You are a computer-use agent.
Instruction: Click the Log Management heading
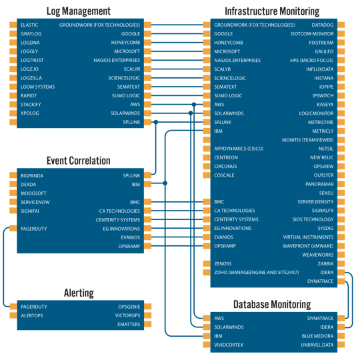(x=79, y=11)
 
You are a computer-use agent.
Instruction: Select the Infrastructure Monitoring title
(x=271, y=11)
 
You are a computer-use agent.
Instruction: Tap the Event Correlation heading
(x=79, y=161)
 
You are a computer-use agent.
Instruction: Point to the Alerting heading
(x=79, y=293)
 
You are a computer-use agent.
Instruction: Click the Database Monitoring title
(x=271, y=305)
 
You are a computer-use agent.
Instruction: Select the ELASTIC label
(x=31, y=25)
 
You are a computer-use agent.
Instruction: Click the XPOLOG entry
(x=30, y=113)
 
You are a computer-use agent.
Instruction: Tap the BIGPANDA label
(x=33, y=175)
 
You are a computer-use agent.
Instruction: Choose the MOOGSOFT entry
(x=34, y=193)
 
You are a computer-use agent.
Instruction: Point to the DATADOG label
(x=322, y=25)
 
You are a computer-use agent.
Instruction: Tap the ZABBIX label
(x=325, y=264)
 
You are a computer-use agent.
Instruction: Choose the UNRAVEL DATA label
(x=317, y=345)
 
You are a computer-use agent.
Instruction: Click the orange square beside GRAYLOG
(x=12, y=33)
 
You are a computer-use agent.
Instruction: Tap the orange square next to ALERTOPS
(x=12, y=315)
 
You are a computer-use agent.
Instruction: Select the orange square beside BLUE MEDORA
(x=341, y=337)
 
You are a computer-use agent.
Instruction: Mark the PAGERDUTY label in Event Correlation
(x=34, y=229)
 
